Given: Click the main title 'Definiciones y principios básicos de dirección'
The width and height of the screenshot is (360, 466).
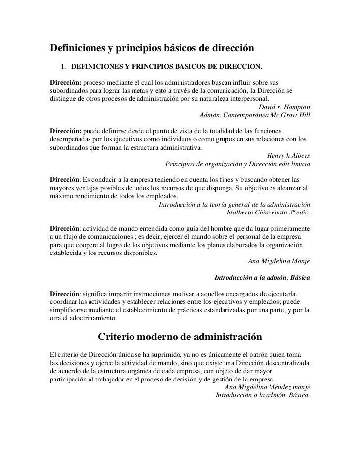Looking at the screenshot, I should pyautogui.click(x=151, y=49).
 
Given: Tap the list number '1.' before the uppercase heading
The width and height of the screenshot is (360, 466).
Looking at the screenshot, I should pyautogui.click(x=64, y=67).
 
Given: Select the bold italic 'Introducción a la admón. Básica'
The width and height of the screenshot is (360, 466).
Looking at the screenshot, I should pyautogui.click(x=261, y=278).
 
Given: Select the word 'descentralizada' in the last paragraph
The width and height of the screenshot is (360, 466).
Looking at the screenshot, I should pyautogui.click(x=285, y=363).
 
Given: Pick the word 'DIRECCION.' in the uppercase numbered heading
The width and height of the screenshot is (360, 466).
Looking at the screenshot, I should pyautogui.click(x=242, y=67).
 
